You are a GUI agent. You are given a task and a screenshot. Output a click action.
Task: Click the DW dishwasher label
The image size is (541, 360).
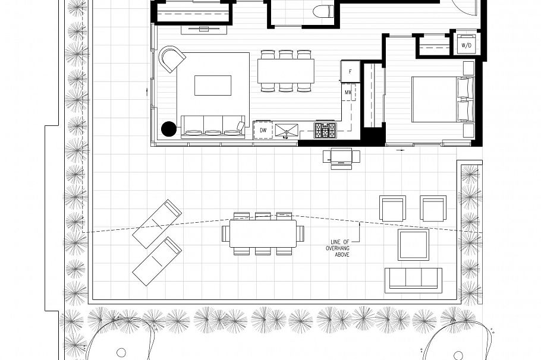(263, 130)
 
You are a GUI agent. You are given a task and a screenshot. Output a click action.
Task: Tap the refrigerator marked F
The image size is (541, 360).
(350, 71)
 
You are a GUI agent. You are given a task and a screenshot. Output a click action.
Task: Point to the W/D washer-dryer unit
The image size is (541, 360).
(466, 45)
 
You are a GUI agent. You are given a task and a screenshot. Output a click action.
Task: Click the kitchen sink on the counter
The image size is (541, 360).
(287, 130)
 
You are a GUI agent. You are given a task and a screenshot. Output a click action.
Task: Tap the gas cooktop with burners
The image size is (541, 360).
(325, 130)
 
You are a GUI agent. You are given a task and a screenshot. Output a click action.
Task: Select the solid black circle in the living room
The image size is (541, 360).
(169, 128)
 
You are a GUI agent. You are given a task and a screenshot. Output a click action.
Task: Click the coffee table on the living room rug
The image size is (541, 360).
(213, 85)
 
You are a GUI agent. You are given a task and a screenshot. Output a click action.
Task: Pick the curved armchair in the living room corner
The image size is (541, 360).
(171, 59)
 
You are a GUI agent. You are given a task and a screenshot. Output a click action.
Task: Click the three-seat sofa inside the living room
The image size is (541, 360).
(213, 126)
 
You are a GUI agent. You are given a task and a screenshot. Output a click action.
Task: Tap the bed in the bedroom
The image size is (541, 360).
(440, 99)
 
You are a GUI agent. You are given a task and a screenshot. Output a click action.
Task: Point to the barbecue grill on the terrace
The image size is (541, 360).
(341, 157)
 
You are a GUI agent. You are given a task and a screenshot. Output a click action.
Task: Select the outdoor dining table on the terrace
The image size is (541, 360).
(263, 233)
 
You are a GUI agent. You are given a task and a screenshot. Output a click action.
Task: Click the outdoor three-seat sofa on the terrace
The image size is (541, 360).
(413, 279)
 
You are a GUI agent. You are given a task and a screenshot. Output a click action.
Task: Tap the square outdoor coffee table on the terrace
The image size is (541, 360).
(413, 244)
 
